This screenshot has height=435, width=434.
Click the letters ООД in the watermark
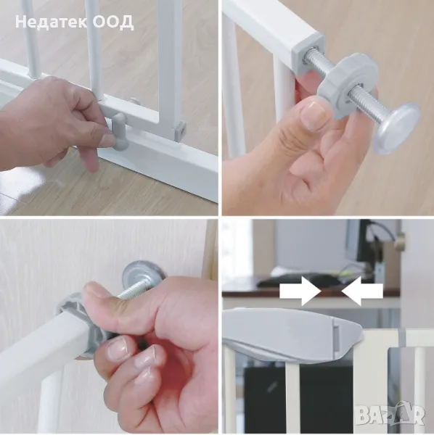click(113, 22)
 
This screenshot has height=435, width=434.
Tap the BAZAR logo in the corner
click(390, 415)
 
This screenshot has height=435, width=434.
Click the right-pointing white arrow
click(300, 291)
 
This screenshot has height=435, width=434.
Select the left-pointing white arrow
click(362, 291)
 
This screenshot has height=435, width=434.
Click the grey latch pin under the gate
click(120, 131)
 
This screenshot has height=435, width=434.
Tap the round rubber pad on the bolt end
click(396, 128)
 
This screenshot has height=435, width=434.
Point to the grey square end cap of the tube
click(308, 54)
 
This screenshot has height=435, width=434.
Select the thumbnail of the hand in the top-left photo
click(107, 139)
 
